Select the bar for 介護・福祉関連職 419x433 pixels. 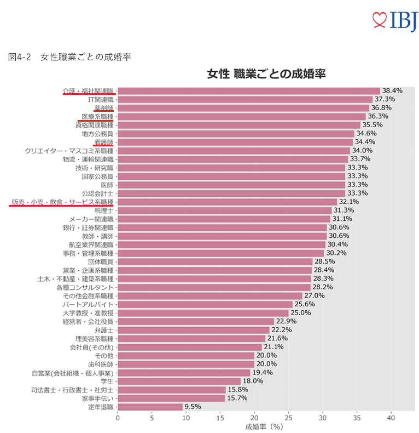coord(249,91)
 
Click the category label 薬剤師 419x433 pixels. coord(103,108)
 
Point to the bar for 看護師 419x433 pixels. coord(235,142)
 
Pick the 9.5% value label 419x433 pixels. coord(193,407)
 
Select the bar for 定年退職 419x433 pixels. coord(150,407)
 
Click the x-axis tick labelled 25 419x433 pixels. coord(288,418)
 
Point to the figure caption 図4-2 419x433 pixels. coord(20,57)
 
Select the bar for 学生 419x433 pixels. coord(179,381)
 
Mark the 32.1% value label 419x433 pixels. coord(349,202)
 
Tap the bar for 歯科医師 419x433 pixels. coord(186,364)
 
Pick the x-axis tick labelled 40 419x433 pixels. coord(391,418)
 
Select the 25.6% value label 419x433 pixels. coord(305,304)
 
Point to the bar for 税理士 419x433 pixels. coord(225,210)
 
